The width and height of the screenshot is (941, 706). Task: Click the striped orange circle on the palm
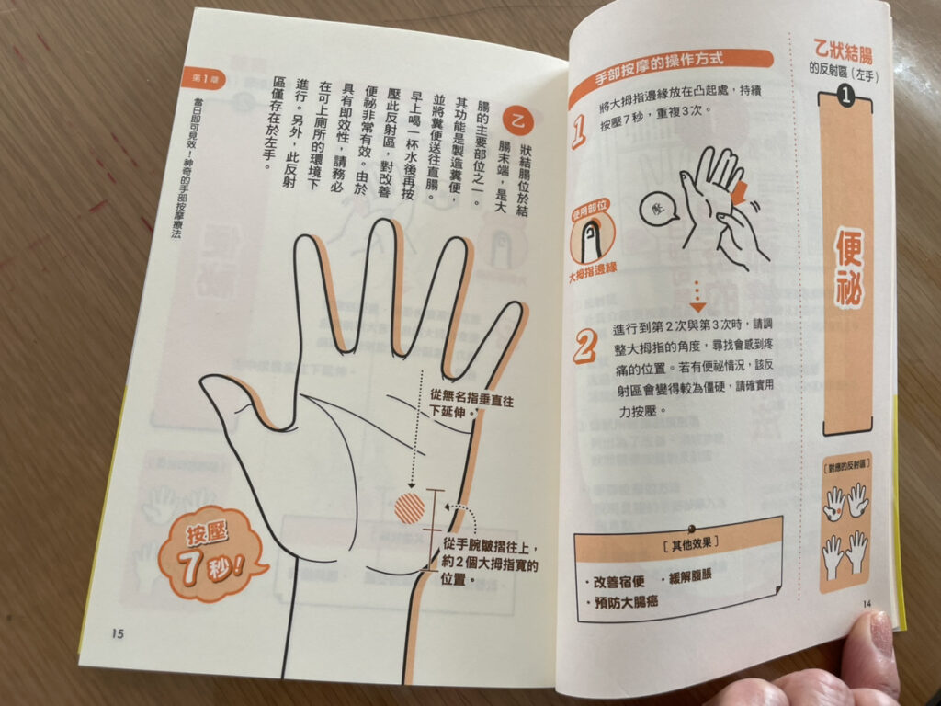[x=409, y=507]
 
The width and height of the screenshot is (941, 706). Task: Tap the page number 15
[x=117, y=632]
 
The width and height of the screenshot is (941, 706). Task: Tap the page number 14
[x=866, y=603]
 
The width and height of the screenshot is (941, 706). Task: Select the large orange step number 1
[x=579, y=131]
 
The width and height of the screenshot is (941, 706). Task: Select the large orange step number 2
[x=584, y=347]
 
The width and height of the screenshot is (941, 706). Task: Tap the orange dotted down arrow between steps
[x=697, y=297]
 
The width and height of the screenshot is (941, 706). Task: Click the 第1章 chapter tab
[x=198, y=78]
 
